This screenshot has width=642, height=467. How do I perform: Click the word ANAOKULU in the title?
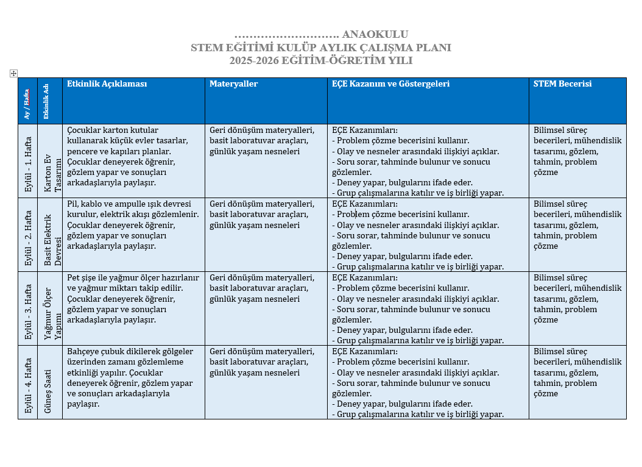click(x=375, y=35)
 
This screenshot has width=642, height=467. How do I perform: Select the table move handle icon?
click(x=13, y=74)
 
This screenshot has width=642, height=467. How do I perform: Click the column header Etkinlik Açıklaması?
click(x=107, y=84)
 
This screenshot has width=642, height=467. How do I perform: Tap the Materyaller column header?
click(x=234, y=84)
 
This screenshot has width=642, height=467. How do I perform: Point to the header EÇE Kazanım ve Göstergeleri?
click(x=390, y=84)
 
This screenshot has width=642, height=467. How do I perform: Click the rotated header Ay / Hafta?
click(x=27, y=104)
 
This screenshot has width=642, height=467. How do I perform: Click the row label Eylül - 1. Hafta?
click(x=28, y=161)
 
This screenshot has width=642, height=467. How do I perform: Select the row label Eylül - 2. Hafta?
click(x=28, y=235)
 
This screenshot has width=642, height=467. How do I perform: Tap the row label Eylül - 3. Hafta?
click(x=28, y=308)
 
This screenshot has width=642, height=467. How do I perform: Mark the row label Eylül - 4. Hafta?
click(x=28, y=382)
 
